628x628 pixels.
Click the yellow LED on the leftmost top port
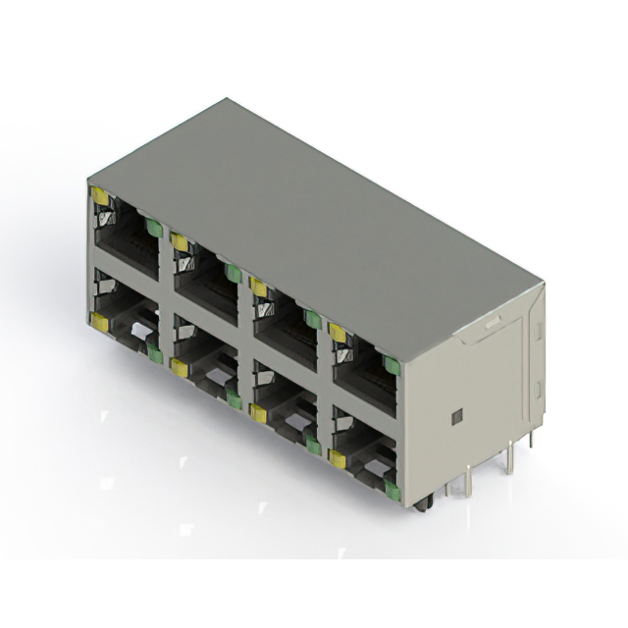coord(100,196)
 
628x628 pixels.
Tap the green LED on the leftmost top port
coord(153,228)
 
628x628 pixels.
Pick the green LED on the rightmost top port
coord(392,366)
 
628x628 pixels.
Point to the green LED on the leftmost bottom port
coord(154,354)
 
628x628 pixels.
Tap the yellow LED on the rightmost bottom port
coord(338,458)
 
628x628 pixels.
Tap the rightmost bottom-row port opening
coord(364,451)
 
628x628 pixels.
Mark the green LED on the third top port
coord(312,319)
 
